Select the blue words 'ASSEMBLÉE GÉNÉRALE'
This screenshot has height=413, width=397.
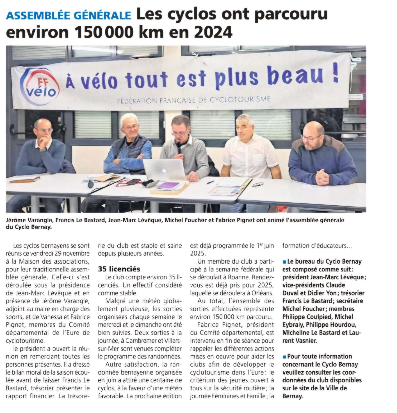[x=69, y=15]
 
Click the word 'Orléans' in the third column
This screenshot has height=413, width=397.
[x=261, y=293]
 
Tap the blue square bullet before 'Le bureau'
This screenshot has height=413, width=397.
[x=284, y=262]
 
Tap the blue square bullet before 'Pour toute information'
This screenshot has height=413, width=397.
[x=284, y=356]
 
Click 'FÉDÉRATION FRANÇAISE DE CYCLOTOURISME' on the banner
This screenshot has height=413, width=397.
[x=194, y=99]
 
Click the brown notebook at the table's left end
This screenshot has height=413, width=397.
[x=25, y=179]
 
